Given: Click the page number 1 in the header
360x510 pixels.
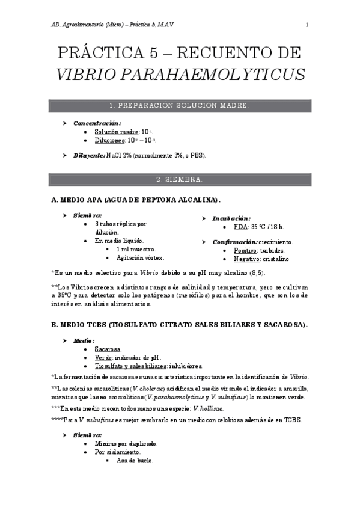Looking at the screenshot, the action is coord(307,25).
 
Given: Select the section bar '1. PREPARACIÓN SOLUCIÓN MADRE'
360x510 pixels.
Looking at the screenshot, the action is coord(180,106).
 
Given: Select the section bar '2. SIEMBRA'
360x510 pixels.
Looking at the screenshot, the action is coord(180,179).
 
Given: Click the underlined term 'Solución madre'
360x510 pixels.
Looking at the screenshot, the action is coord(117,132).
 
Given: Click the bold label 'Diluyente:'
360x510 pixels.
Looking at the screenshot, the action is coord(89,156).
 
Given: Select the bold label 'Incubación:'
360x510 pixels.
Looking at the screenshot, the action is coord(231,218).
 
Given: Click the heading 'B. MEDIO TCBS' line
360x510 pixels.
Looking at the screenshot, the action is coord(179,325).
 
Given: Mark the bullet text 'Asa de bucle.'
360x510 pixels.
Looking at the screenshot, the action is coord(135,461).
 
